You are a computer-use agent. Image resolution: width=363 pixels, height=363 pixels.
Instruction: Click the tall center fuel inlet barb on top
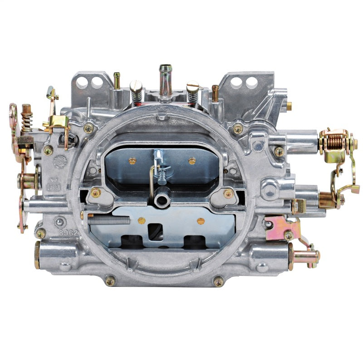165,75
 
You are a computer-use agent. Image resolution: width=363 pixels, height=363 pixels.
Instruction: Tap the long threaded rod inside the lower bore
109,220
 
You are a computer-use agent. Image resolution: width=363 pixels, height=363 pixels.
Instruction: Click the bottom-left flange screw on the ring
110,281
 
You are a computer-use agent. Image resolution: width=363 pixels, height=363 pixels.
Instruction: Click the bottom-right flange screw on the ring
219,281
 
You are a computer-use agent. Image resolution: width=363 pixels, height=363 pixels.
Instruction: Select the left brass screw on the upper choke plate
132,161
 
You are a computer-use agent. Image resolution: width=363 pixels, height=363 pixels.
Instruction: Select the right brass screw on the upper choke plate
192,161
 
